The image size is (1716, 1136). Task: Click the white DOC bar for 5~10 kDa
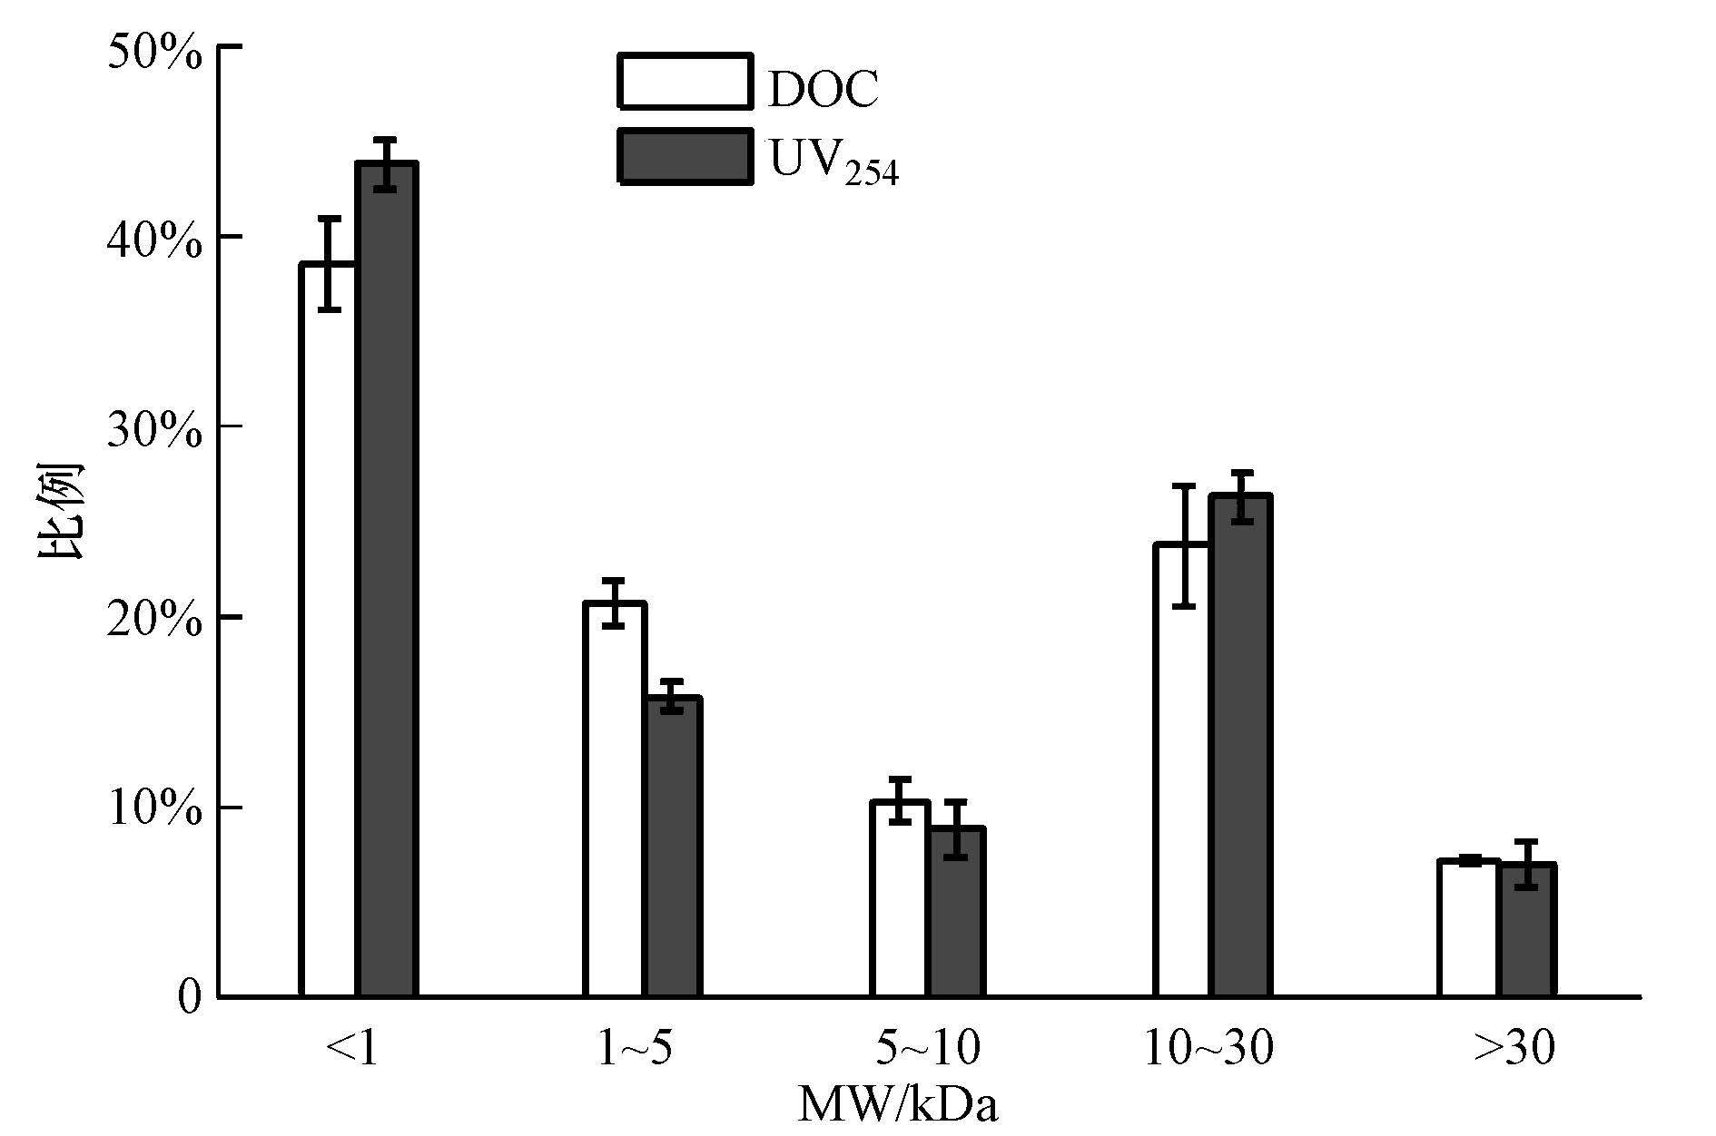899,899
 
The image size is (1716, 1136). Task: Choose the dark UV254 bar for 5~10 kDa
955,912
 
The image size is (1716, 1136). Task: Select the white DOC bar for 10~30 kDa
1182,770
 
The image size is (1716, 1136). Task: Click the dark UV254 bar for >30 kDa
1526,930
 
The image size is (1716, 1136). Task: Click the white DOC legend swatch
685,82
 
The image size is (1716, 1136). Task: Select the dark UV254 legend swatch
685,156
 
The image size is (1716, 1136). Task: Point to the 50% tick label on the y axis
154,53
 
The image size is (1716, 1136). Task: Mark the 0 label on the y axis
189,998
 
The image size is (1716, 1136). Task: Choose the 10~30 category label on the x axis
1208,1049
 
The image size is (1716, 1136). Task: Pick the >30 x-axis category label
1514,1049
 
